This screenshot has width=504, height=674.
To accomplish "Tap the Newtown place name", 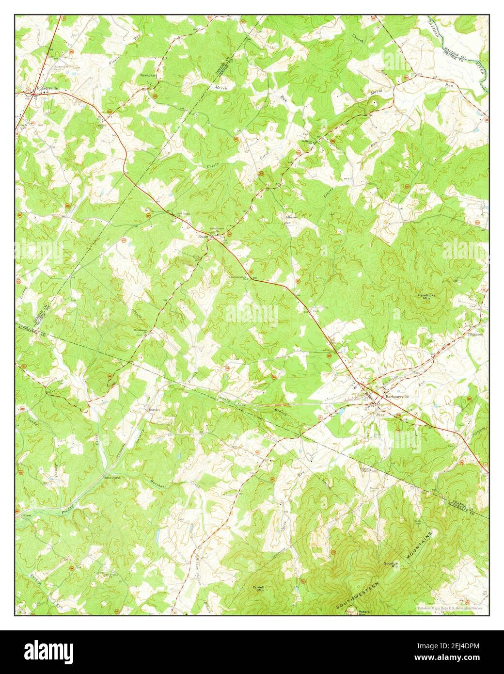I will pyautogui.click(x=148, y=76).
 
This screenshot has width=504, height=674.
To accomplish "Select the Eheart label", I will pyautogui.click(x=202, y=237).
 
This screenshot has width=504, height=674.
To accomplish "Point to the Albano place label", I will pyautogui.click(x=290, y=217).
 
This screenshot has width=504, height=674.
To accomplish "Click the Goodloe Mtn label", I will pyautogui.click(x=391, y=565).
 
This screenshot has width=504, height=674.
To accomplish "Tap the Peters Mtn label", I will pyautogui.click(x=364, y=613).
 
